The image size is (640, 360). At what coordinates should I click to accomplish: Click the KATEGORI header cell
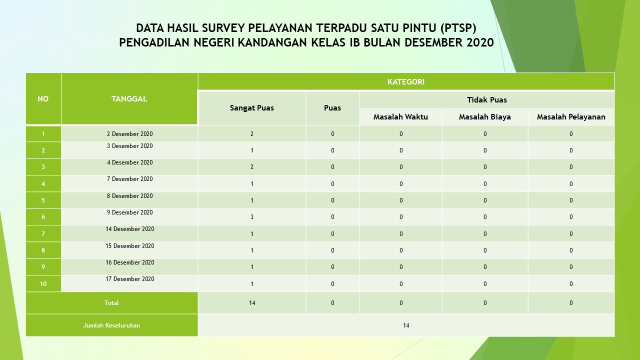[405, 82]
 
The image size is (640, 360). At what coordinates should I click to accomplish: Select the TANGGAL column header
[129, 99]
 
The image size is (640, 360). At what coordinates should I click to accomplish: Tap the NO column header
[43, 99]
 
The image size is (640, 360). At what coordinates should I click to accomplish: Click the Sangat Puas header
[251, 108]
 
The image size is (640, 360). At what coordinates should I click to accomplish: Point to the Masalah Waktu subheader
[400, 117]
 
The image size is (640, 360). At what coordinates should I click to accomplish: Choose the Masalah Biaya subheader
[485, 117]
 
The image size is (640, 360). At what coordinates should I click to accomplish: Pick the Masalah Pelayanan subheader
[571, 117]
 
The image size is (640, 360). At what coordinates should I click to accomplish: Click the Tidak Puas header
[487, 99]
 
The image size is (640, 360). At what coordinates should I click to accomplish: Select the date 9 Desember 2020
[129, 212]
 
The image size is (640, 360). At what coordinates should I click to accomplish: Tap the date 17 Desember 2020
[129, 279]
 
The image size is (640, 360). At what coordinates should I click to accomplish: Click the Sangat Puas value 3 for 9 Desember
[251, 217]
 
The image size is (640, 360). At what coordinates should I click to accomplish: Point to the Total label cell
[111, 303]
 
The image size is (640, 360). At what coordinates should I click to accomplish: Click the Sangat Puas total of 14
[251, 303]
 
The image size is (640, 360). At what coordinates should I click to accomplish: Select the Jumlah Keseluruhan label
[111, 325]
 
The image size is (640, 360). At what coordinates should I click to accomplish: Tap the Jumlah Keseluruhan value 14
[405, 325]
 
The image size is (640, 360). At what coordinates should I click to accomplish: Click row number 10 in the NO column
[43, 283]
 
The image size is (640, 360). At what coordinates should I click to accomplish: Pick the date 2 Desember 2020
[129, 133]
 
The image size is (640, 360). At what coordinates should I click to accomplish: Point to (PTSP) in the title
[458, 28]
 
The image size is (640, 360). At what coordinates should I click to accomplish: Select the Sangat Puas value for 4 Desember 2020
[251, 167]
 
